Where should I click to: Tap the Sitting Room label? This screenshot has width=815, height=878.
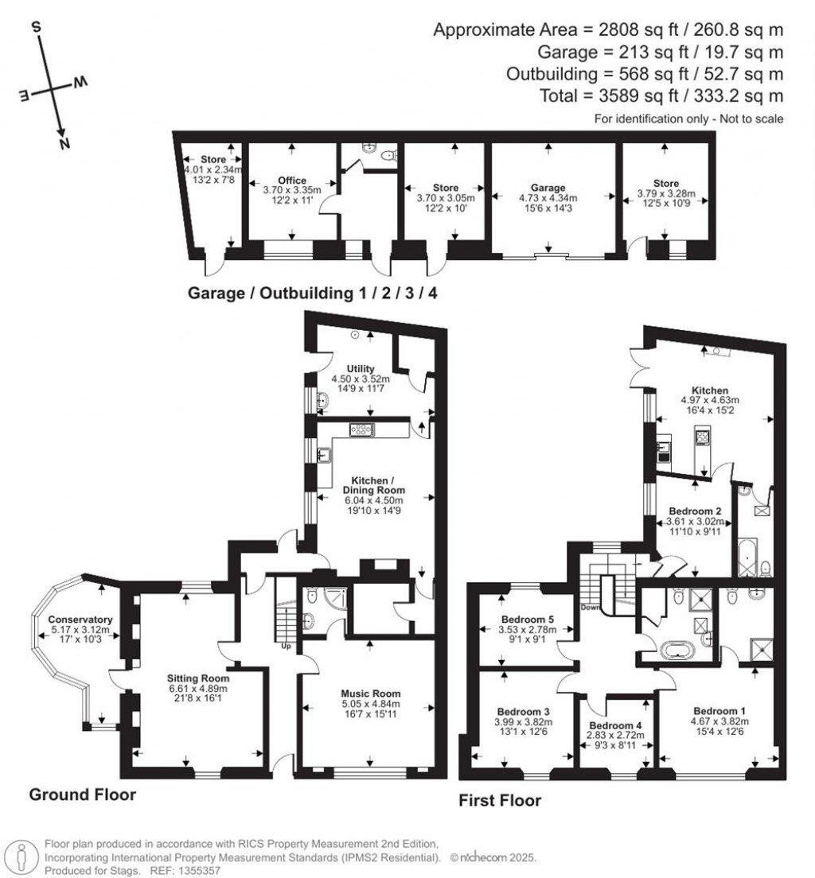pos(197,678)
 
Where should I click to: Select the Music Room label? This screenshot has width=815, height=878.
pos(367,693)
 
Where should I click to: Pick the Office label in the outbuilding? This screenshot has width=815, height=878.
pos(291,181)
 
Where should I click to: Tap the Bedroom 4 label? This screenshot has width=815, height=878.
pos(615,725)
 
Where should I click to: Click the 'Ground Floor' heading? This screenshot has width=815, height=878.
pos(83,794)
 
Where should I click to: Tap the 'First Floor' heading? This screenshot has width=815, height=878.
pos(500,800)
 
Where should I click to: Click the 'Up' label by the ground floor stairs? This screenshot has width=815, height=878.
pos(285,646)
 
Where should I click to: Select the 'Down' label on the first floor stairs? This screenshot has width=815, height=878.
pos(591,608)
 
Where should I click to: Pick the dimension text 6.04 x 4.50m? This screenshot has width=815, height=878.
pos(373,500)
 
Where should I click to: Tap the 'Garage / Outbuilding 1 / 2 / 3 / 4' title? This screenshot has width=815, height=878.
pos(312,293)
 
